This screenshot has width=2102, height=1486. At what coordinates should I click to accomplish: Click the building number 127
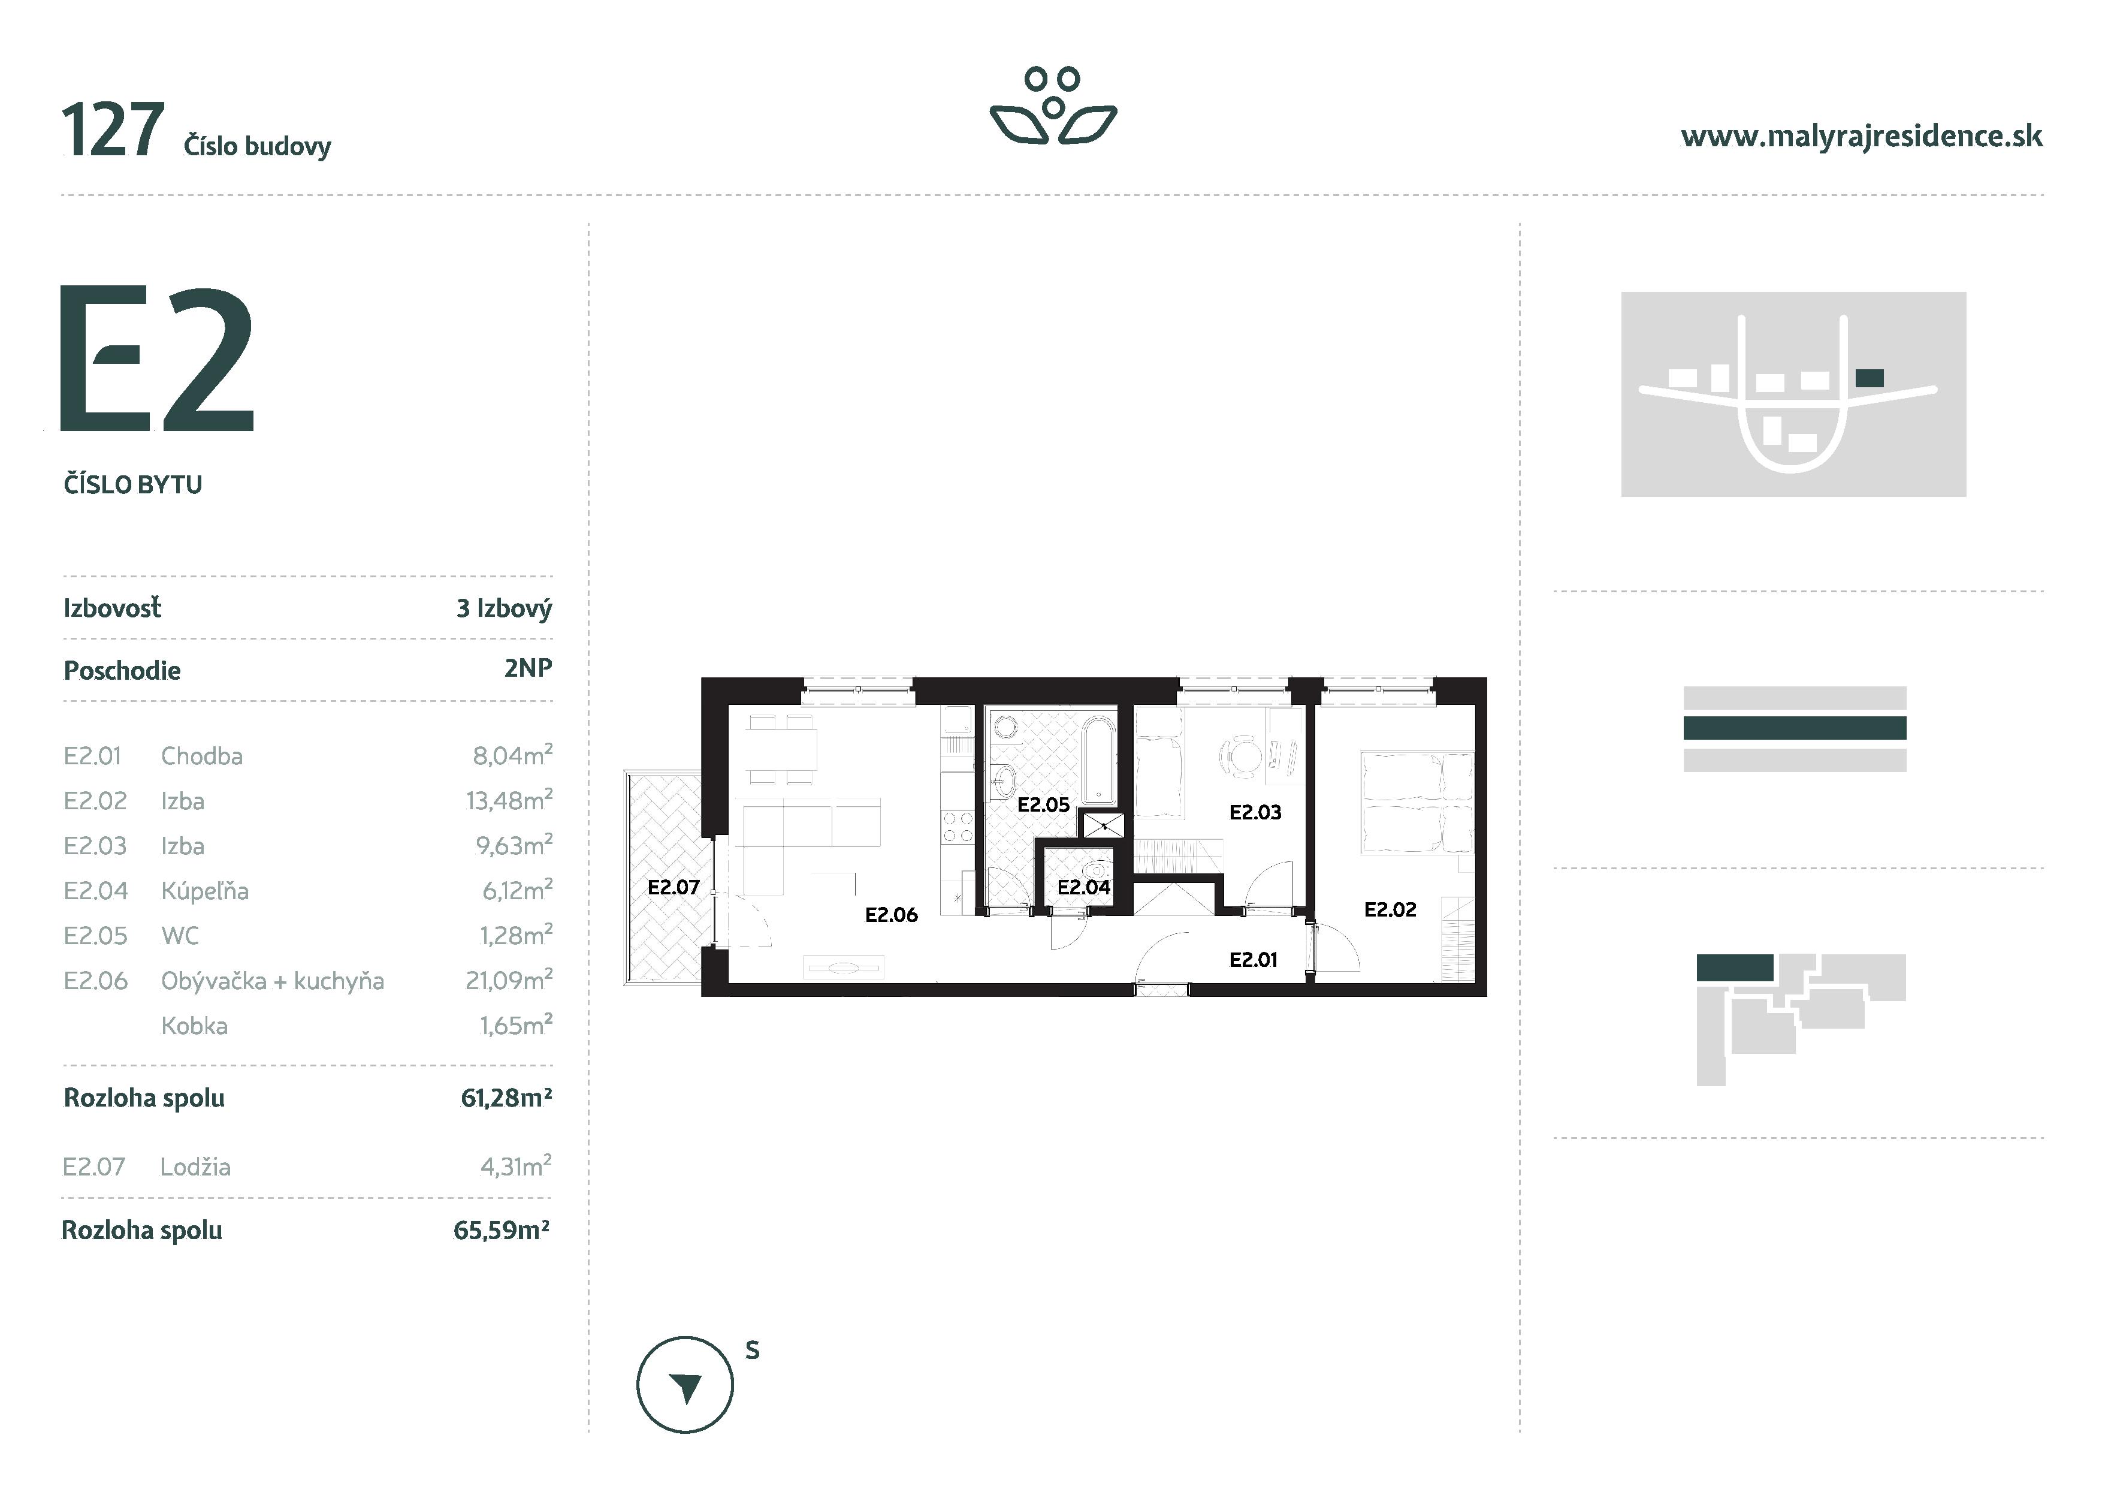point(113,131)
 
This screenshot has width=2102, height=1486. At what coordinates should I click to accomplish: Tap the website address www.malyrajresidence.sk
point(1861,137)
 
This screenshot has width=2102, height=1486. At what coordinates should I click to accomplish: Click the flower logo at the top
point(1053,106)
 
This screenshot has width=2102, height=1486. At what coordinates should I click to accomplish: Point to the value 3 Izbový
point(503,608)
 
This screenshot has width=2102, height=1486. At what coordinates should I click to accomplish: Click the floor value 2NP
point(528,668)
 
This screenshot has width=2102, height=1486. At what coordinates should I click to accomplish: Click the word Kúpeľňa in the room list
point(204,891)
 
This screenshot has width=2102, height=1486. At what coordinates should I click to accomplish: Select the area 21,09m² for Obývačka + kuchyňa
point(508,981)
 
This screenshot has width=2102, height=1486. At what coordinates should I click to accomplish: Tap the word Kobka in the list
point(194,1026)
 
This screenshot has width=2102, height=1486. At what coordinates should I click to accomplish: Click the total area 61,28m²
point(506,1098)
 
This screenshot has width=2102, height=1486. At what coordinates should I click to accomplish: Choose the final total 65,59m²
point(502,1231)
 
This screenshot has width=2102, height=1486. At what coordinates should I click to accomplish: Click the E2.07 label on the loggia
point(673,887)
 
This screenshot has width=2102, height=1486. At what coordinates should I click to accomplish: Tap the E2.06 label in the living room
point(891,915)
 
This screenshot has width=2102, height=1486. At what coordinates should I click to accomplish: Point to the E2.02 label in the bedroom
point(1390,909)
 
